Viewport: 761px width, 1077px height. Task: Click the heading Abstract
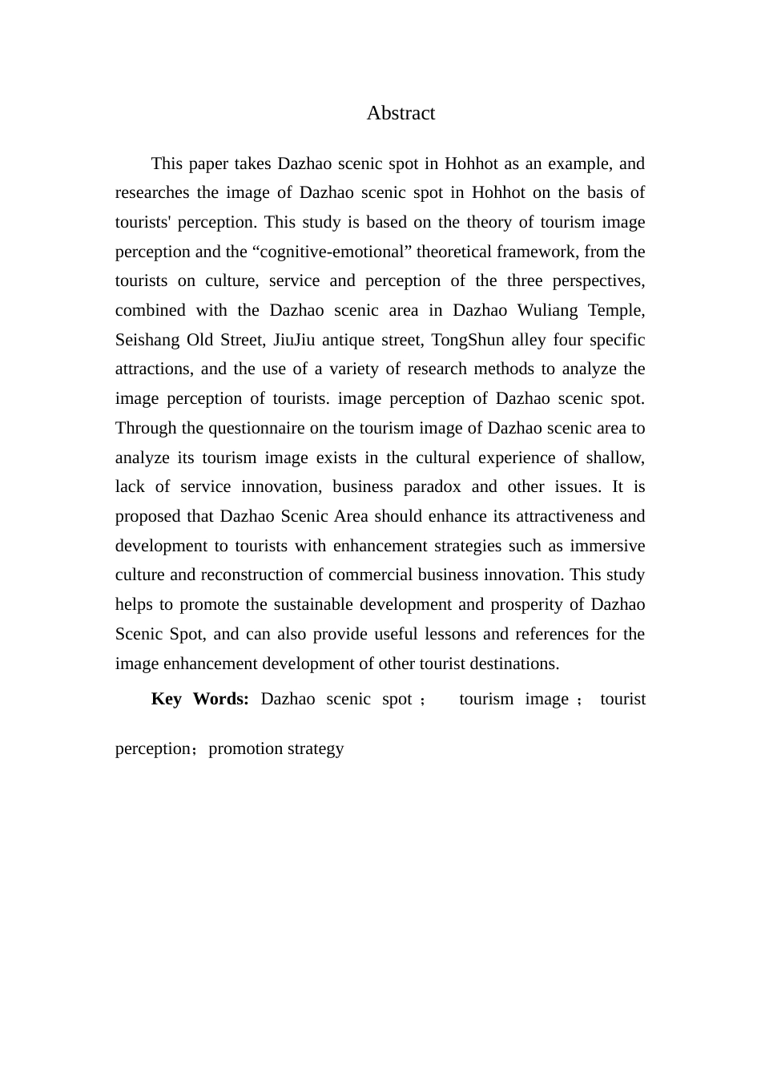[401, 113]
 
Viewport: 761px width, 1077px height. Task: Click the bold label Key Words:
[199, 699]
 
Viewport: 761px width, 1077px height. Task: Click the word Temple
[617, 310]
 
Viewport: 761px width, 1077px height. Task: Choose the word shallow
[614, 458]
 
